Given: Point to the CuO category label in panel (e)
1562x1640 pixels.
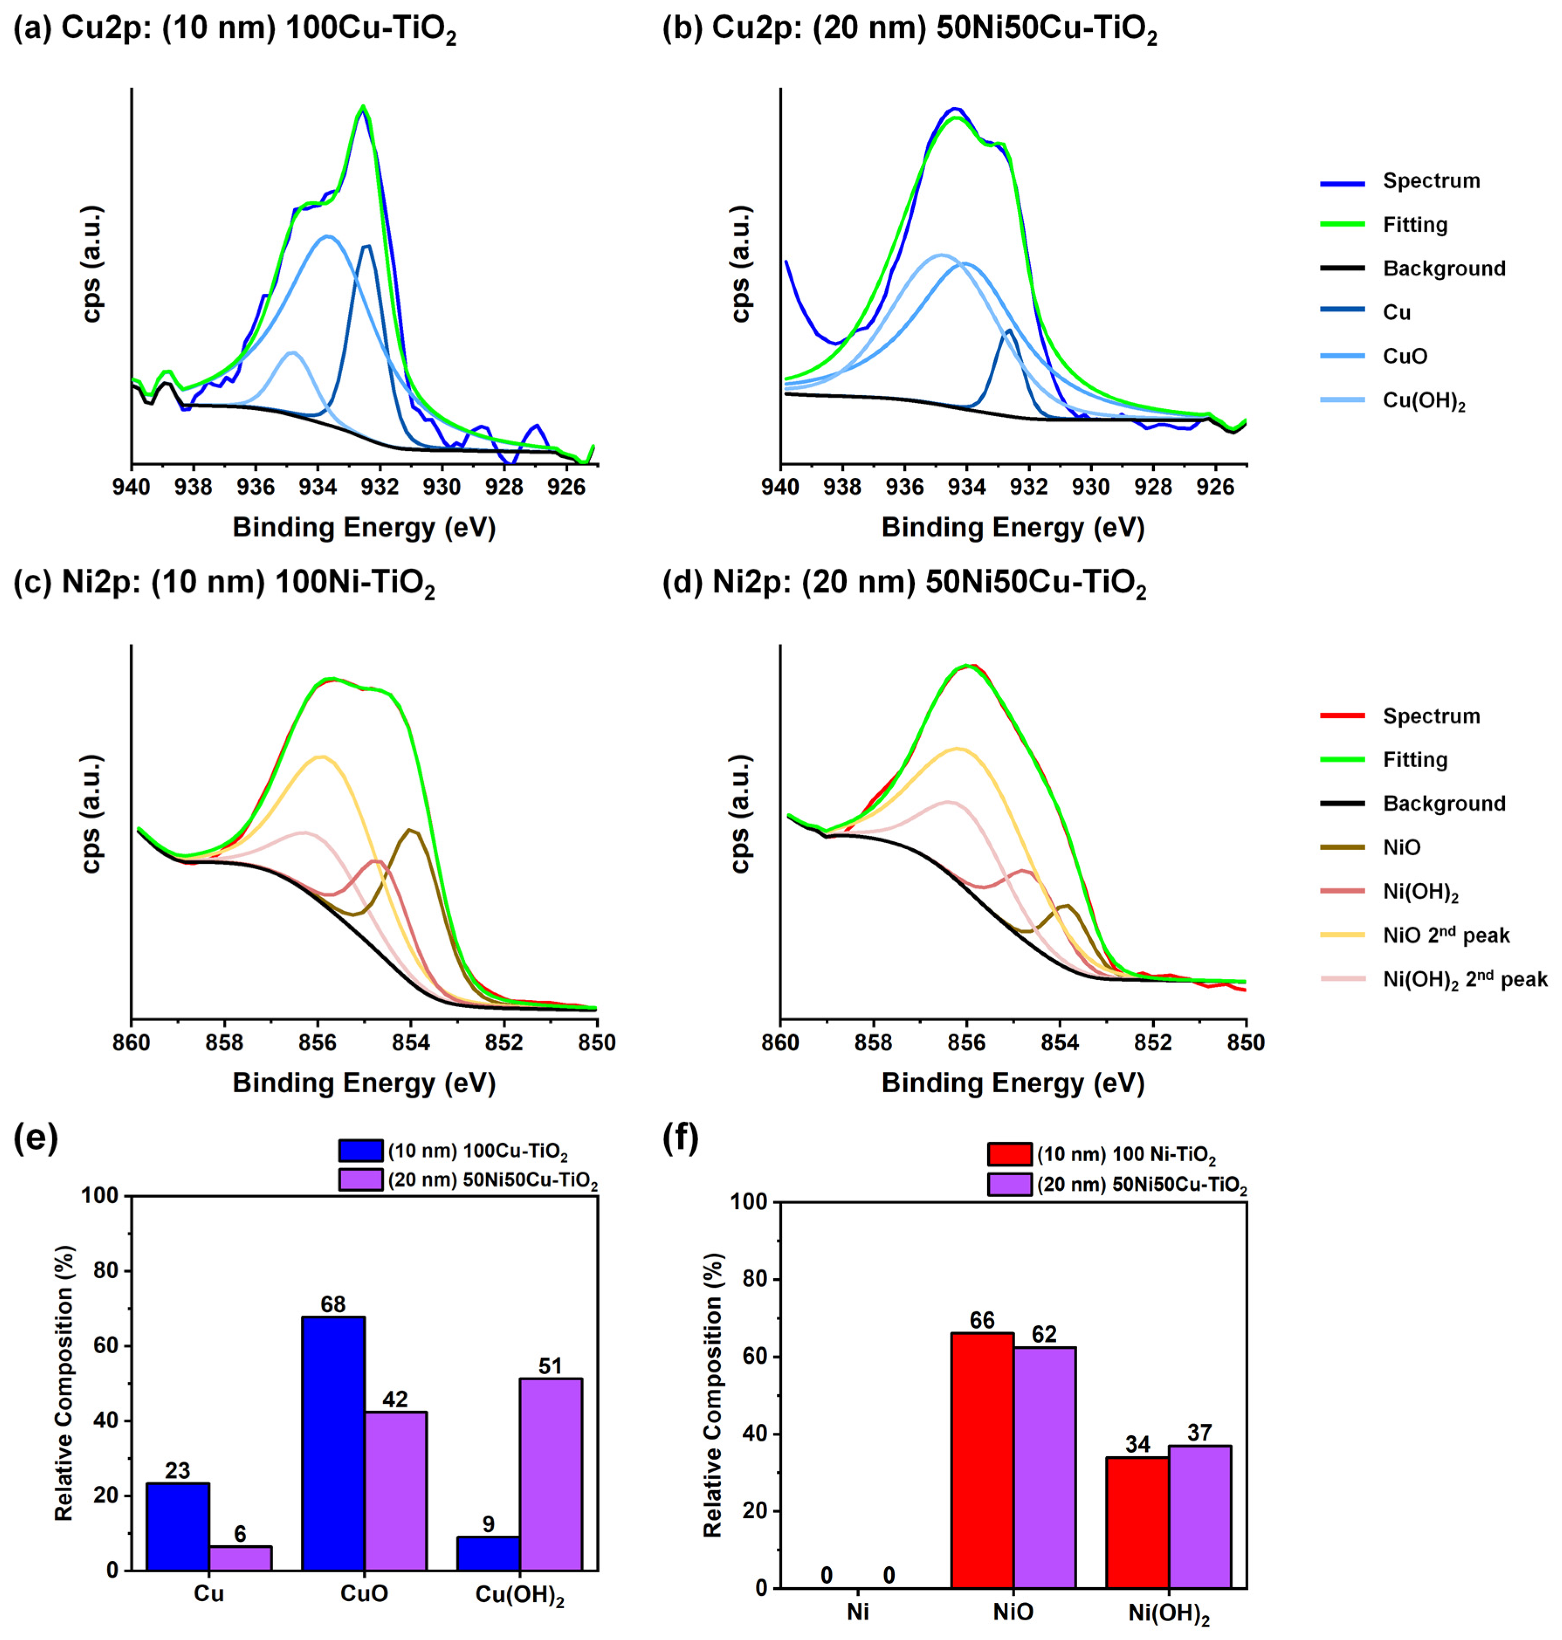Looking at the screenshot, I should tap(364, 1593).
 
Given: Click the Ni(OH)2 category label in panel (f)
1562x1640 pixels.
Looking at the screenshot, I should tap(1169, 1613).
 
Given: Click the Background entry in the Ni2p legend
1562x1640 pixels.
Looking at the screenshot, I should tap(1444, 803).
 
